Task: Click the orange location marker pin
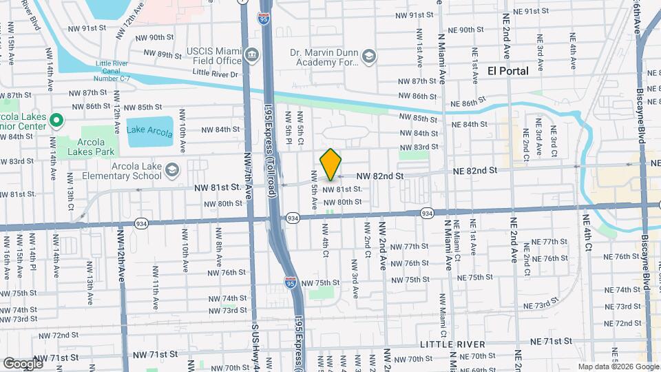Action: (x=330, y=165)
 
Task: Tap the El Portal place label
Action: (x=508, y=71)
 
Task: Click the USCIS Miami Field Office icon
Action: (x=252, y=54)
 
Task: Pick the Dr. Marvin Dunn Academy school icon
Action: (x=369, y=56)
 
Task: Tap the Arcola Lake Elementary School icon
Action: (x=171, y=170)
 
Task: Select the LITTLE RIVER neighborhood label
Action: (x=454, y=344)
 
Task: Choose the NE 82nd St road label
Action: (x=474, y=170)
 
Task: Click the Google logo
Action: (x=23, y=363)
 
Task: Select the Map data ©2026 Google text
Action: (x=618, y=366)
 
